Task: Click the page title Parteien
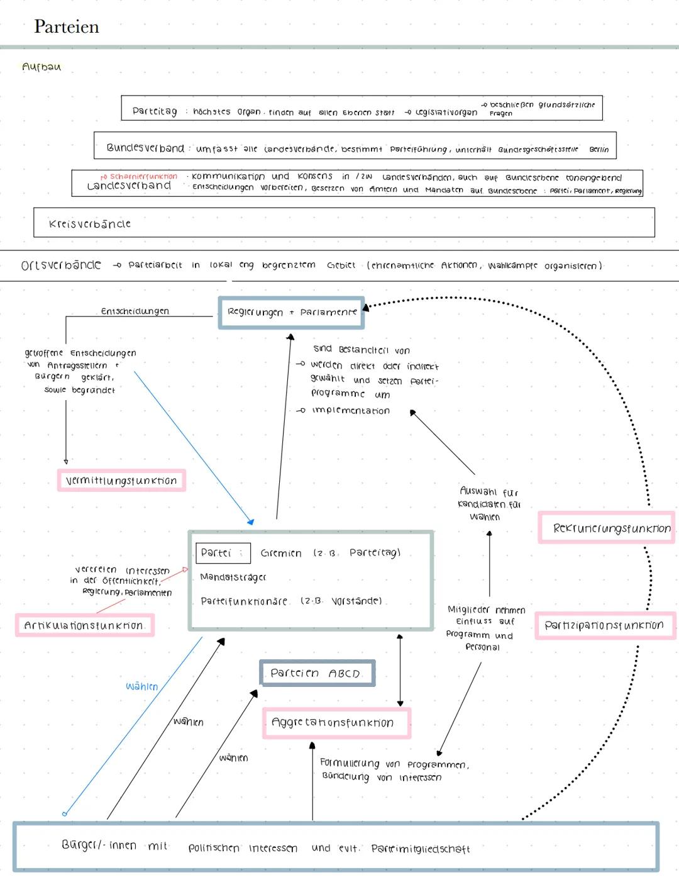click(66, 26)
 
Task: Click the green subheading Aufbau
click(41, 67)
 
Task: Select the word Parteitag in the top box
click(155, 111)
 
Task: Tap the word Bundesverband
click(145, 148)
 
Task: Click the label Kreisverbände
click(89, 224)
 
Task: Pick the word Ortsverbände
click(61, 265)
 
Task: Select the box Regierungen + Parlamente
click(292, 312)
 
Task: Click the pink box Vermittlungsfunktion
click(121, 481)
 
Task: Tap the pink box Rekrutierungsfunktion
click(607, 528)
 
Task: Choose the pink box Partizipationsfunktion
click(604, 625)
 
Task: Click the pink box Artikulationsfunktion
click(84, 625)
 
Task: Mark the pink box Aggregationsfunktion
click(336, 723)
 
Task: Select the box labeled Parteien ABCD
click(317, 673)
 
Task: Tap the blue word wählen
click(141, 686)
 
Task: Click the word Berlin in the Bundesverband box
click(599, 150)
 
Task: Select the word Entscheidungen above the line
click(135, 311)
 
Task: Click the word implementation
click(350, 411)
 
